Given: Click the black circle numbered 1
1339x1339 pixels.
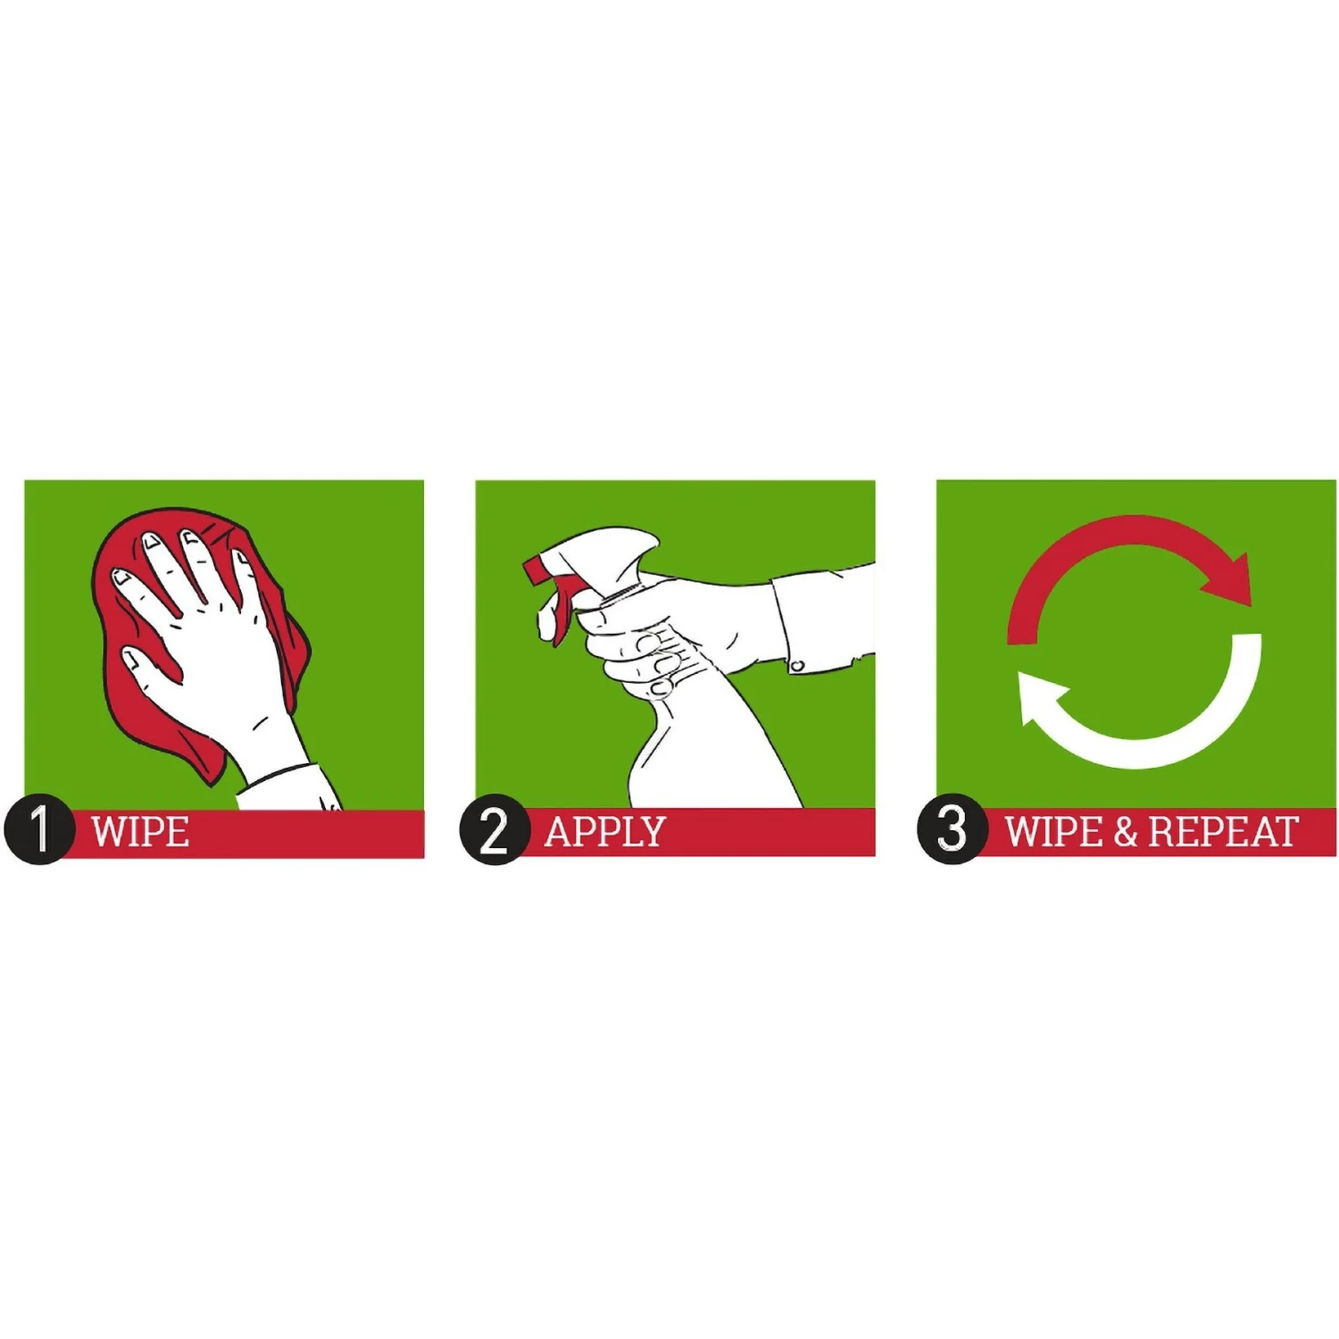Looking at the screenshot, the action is pos(38,829).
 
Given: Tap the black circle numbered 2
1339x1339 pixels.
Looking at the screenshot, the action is pos(495,829).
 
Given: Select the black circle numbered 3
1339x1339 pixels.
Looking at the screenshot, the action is pos(952,829).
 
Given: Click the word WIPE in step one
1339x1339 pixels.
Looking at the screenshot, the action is pos(140,832).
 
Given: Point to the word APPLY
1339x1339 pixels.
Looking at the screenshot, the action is pos(605,832).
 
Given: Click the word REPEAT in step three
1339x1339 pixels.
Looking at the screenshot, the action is pos(1223,832).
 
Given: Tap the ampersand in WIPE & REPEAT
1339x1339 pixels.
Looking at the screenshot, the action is pos(1126,832).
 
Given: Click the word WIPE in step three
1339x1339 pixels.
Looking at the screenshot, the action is pos(1054,832).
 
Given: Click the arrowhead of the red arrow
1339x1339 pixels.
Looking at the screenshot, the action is pos(1230,582).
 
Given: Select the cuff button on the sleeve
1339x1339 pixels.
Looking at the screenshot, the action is pos(797,666).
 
